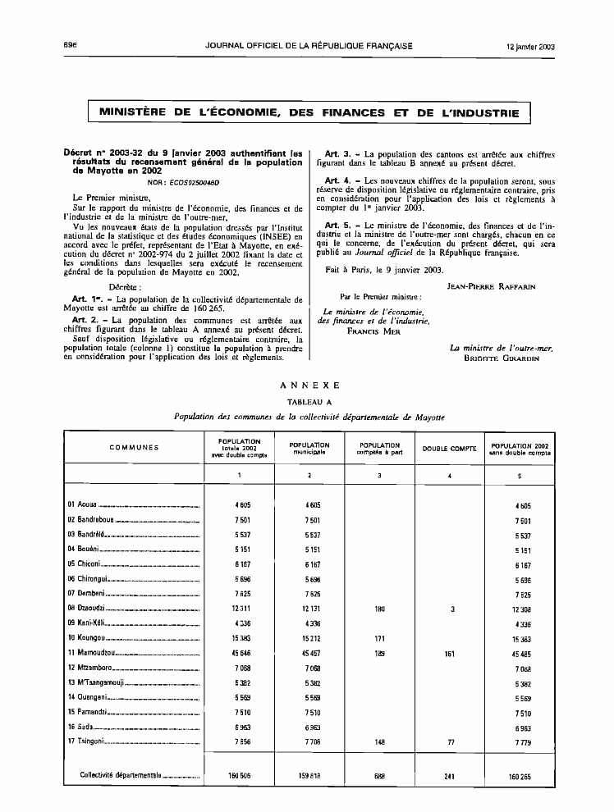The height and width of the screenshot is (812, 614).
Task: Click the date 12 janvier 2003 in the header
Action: tap(530, 46)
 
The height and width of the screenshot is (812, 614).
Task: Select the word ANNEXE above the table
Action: tap(309, 385)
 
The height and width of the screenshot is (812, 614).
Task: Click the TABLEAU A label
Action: tap(309, 402)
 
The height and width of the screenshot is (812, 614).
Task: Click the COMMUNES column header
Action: tap(134, 447)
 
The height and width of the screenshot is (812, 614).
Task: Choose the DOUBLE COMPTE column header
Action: tap(450, 449)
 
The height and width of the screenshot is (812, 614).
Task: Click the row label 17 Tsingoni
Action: tap(86, 741)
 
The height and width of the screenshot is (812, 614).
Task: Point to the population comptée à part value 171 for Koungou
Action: tap(378, 637)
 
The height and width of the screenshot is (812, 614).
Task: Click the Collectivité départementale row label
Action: tap(121, 773)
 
